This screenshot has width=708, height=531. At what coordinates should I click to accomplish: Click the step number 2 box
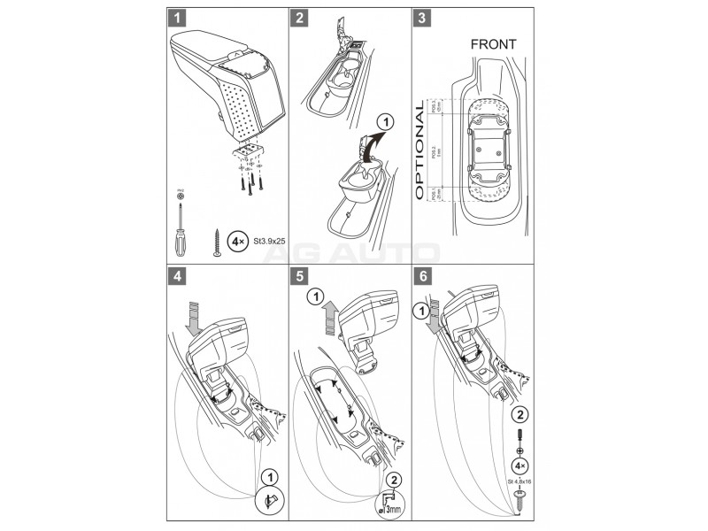coord(301,17)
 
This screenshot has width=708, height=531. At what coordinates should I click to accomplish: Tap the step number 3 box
coord(423,17)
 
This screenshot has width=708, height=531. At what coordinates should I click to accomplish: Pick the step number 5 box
coord(301,275)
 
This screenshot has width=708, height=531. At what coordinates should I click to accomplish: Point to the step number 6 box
coord(423,275)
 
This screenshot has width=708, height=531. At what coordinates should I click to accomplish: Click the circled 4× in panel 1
coord(236,239)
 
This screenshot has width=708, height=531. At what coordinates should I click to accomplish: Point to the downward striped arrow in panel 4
coord(195,316)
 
